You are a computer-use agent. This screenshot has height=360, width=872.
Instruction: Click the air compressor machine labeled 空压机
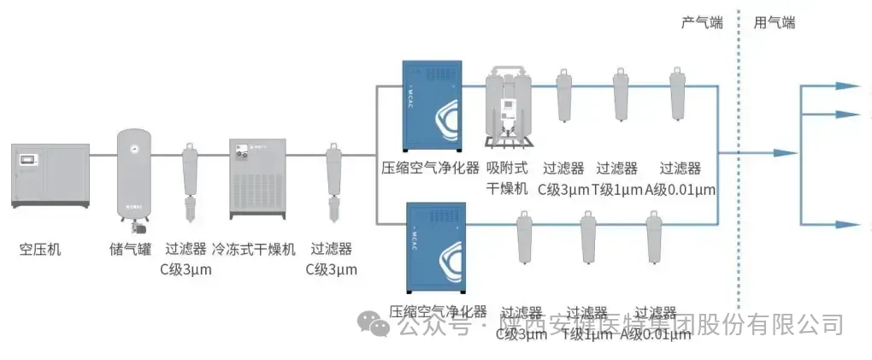click(x=50, y=176)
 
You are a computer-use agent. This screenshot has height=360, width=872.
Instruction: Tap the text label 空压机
click(x=40, y=250)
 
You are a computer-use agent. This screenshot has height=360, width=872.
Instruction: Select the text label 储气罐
click(x=130, y=250)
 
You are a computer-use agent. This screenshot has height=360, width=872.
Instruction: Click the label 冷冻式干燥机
click(x=254, y=250)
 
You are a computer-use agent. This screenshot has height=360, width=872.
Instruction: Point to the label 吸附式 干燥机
click(x=508, y=178)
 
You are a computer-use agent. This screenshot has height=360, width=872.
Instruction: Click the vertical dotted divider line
click(x=737, y=171)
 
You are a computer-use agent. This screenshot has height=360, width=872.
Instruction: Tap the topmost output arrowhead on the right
click(x=845, y=86)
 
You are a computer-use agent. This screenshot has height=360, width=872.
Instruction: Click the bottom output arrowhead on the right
click(x=845, y=225)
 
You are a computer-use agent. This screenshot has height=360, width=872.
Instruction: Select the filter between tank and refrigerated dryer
click(x=190, y=180)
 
